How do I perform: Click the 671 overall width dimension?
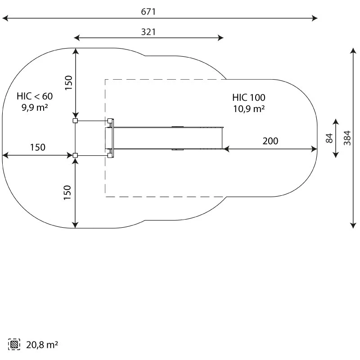[148, 12]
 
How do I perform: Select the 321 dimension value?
[148, 32]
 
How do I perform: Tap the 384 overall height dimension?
[347, 138]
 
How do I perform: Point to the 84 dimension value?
[329, 138]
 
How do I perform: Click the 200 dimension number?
[270, 141]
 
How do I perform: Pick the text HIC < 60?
[35, 96]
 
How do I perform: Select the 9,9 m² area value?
[35, 107]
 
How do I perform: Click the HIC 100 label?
[249, 98]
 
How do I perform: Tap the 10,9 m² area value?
[249, 108]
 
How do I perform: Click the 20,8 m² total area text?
[42, 345]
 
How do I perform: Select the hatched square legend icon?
[14, 344]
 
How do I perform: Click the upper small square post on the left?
[75, 121]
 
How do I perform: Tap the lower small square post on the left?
[75, 155]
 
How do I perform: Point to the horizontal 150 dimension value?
[38, 148]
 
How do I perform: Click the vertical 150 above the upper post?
[68, 83]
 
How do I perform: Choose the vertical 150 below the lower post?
[67, 193]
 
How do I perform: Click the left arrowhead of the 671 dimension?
[5, 18]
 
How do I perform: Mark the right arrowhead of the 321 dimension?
[220, 38]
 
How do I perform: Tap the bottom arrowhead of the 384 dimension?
[353, 225]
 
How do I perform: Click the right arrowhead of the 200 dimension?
[314, 149]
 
